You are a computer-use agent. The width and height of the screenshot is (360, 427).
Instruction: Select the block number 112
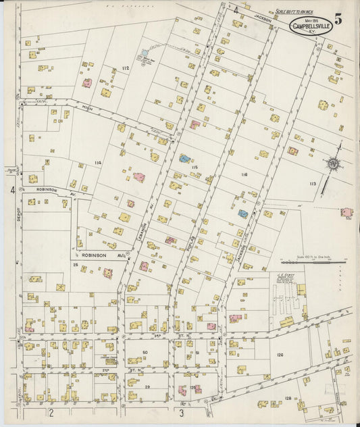pyautogui.click(x=125, y=68)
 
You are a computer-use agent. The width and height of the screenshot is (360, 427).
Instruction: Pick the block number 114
pyautogui.click(x=98, y=163)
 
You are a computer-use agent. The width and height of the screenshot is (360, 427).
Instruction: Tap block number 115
pyautogui.click(x=195, y=167)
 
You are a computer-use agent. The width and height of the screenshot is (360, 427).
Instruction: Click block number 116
pyautogui.click(x=244, y=174)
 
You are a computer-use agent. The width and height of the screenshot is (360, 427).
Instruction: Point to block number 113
pyautogui.click(x=313, y=184)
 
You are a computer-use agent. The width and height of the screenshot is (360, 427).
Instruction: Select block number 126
pyautogui.click(x=278, y=353)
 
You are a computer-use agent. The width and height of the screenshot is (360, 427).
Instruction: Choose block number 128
pyautogui.click(x=288, y=399)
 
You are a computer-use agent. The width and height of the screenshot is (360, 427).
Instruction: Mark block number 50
pyautogui.click(x=145, y=353)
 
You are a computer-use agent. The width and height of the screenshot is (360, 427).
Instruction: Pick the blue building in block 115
pyautogui.click(x=184, y=159)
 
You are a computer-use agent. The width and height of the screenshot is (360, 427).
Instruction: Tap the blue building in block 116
pyautogui.click(x=242, y=214)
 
